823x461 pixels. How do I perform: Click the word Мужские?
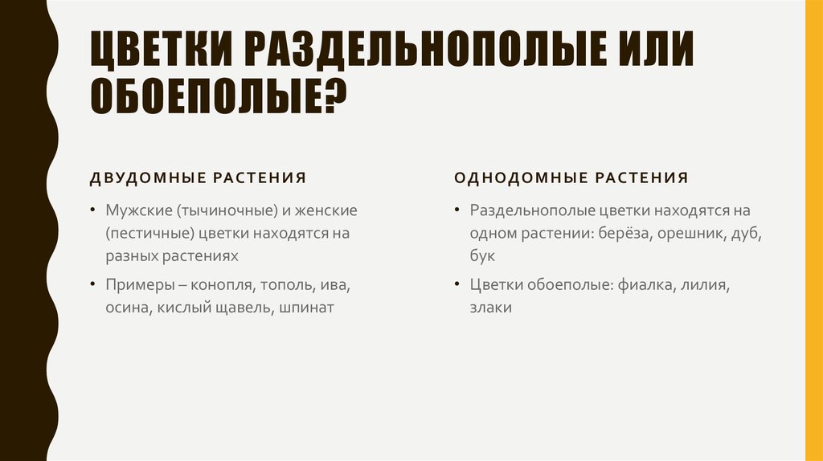tap(135, 210)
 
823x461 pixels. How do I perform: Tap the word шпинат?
tap(306, 307)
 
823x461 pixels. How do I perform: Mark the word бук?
tap(482, 255)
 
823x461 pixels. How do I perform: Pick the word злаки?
tap(491, 307)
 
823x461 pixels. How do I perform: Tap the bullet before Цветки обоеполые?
tap(456, 284)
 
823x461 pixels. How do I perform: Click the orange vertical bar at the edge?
tap(815, 230)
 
